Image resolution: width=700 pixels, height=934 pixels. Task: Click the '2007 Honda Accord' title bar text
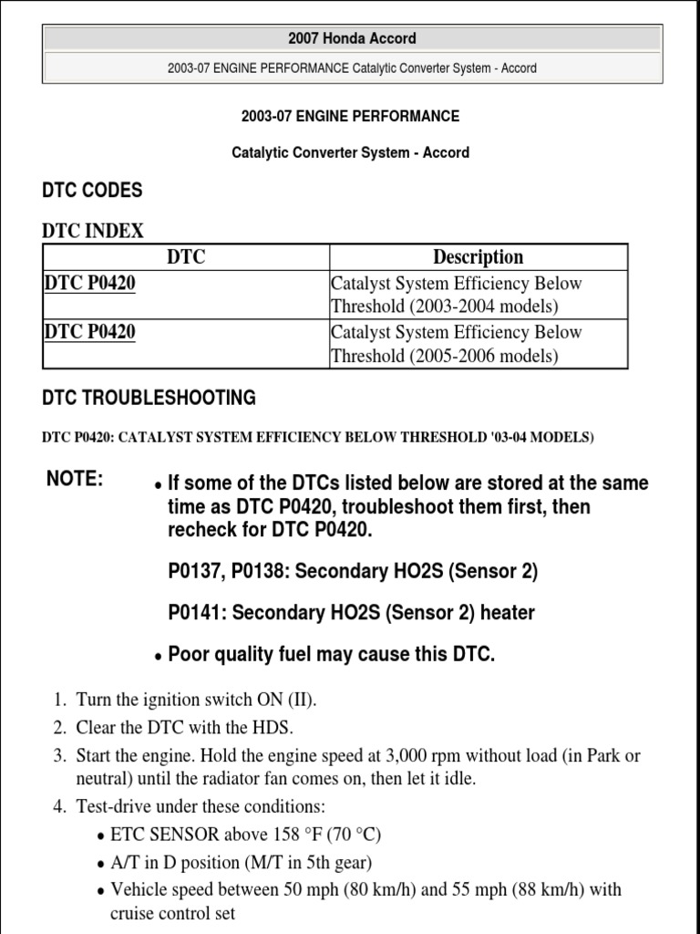point(352,38)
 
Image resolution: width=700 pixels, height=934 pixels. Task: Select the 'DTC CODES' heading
point(92,190)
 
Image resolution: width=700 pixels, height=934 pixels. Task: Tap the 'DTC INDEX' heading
point(93,231)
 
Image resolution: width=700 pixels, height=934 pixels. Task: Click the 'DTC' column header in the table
point(186,257)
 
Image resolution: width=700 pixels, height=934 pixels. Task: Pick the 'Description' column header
point(479,257)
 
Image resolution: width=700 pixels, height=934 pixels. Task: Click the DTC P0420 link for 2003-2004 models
point(89,284)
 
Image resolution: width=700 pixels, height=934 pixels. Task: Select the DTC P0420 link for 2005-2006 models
point(89,332)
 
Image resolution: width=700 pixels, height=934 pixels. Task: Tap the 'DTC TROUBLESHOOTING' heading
point(149,398)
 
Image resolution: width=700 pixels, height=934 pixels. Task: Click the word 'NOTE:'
point(75,480)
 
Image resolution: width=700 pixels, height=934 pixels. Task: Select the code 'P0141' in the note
point(195,613)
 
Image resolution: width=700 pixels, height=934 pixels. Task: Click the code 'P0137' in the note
point(195,572)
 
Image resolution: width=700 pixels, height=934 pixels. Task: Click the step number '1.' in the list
point(59,700)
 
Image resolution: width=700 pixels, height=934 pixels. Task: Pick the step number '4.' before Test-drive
point(59,806)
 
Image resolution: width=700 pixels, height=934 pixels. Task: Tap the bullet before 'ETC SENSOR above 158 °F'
point(100,836)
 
